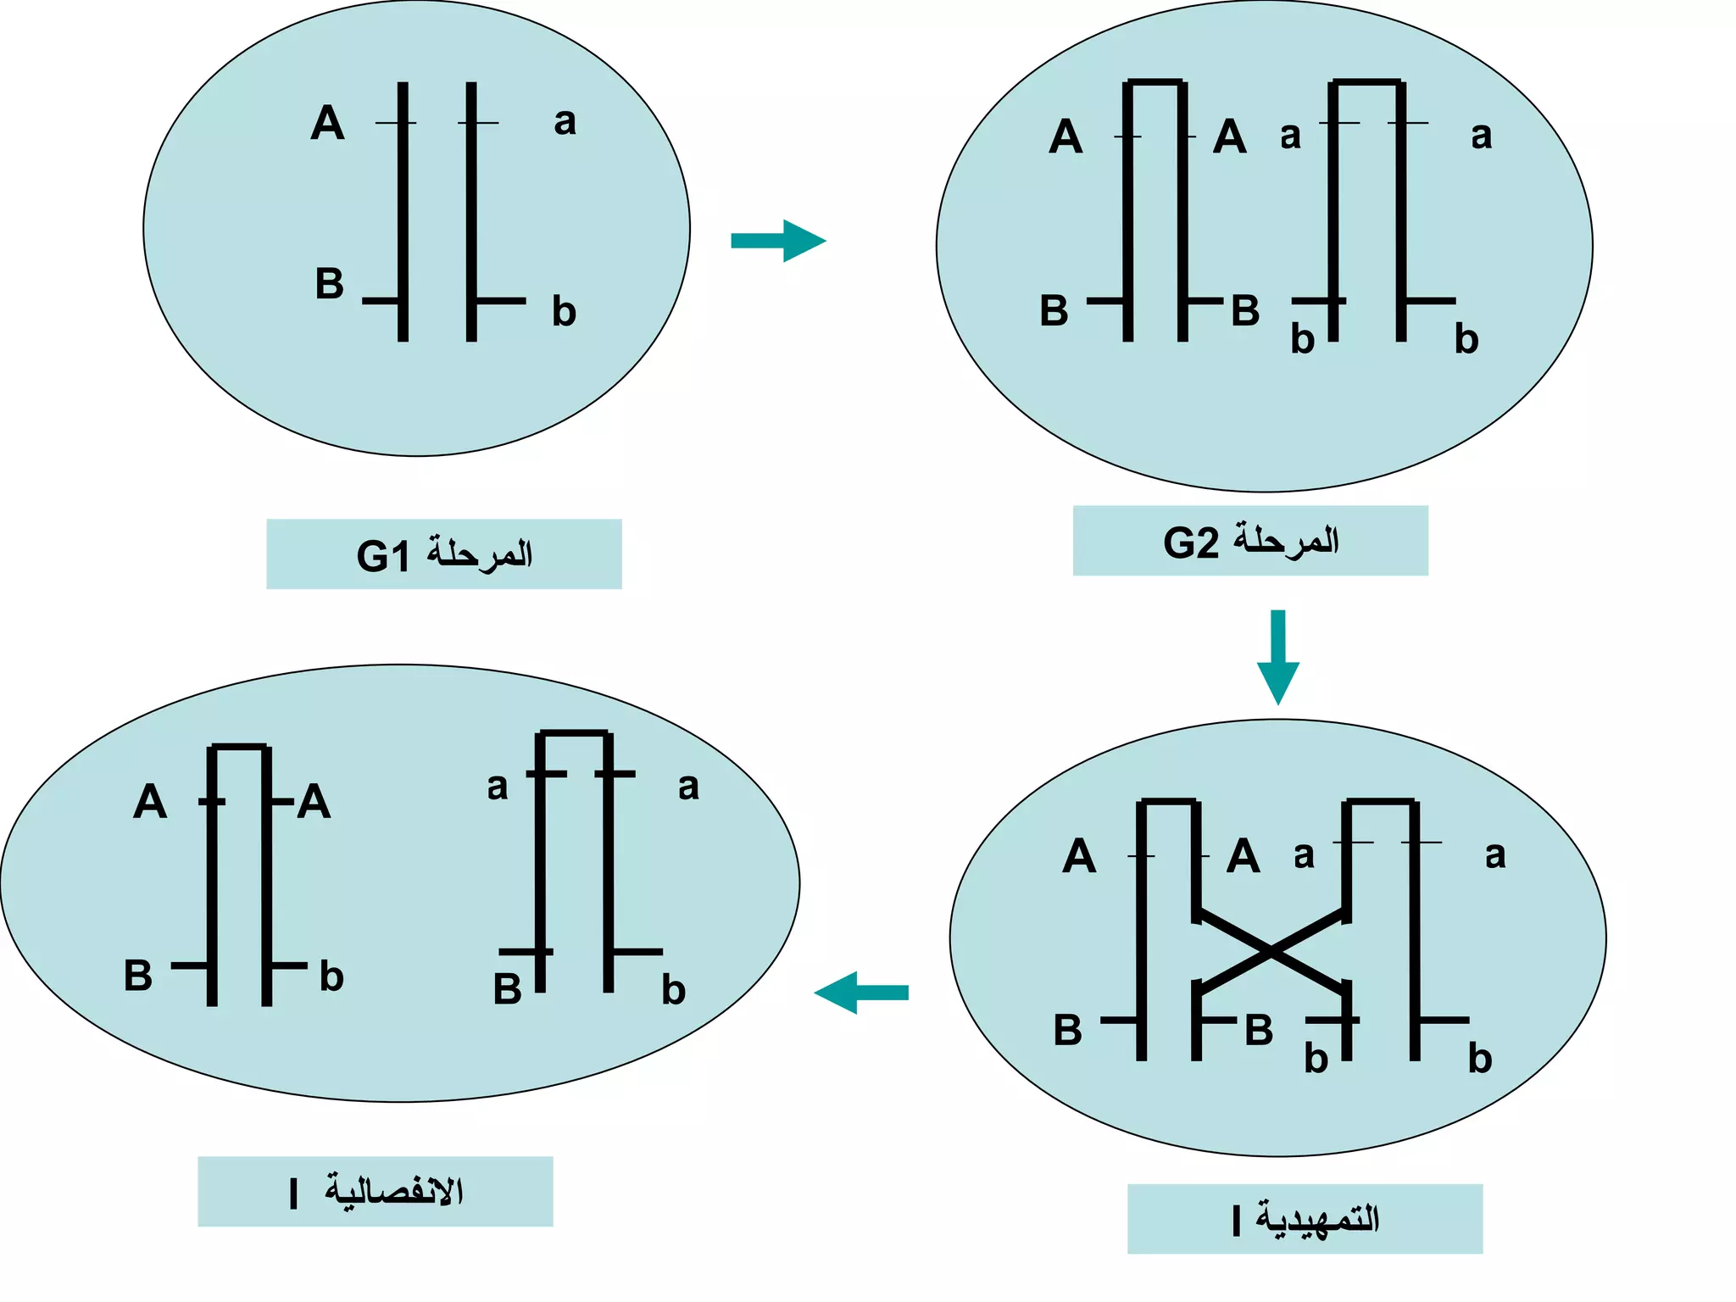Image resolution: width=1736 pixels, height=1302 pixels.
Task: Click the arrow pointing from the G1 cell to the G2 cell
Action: pyautogui.click(x=778, y=241)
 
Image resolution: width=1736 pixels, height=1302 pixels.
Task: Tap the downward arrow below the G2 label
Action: pyautogui.click(x=1277, y=657)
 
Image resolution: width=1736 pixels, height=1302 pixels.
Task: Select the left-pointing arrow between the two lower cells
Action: pyautogui.click(x=860, y=993)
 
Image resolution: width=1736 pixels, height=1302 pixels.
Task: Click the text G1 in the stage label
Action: pyautogui.click(x=383, y=556)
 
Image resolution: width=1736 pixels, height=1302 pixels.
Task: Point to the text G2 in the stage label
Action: pyautogui.click(x=1190, y=542)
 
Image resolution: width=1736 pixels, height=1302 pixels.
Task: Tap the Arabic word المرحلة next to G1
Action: pyautogui.click(x=480, y=554)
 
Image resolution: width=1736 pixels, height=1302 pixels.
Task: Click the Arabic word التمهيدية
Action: pyautogui.click(x=1317, y=1219)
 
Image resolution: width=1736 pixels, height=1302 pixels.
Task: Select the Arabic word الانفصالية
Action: pyautogui.click(x=393, y=1191)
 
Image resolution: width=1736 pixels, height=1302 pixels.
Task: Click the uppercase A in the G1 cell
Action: pyautogui.click(x=327, y=123)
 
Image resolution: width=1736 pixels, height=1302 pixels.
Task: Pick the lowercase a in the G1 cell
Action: pyautogui.click(x=565, y=121)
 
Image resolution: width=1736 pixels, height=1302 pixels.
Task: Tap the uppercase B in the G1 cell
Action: pyautogui.click(x=329, y=284)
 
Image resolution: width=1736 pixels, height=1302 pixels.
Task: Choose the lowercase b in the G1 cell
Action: pyautogui.click(x=564, y=312)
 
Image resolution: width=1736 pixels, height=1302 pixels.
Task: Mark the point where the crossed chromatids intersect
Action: pyautogui.click(x=1271, y=953)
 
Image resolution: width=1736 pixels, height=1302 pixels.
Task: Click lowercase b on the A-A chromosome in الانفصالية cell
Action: pyautogui.click(x=331, y=977)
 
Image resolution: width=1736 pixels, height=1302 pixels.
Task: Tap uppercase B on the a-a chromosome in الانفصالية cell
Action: pyautogui.click(x=507, y=989)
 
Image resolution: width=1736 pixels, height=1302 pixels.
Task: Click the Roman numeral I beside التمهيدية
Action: pyautogui.click(x=1237, y=1221)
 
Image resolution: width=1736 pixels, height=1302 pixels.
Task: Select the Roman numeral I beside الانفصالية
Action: pyautogui.click(x=293, y=1193)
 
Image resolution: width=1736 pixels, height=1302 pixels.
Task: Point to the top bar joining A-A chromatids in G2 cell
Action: pyautogui.click(x=1155, y=82)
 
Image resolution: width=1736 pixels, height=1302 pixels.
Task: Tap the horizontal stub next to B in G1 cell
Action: pyautogui.click(x=381, y=301)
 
